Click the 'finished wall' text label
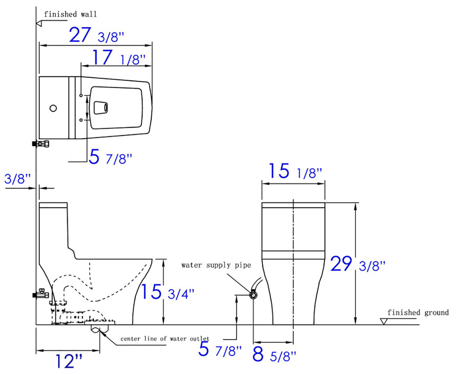click(70, 14)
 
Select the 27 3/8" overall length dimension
click(96, 36)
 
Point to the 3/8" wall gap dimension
click(17, 179)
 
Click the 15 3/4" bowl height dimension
click(167, 292)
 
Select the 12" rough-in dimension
click(69, 361)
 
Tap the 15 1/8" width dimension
click(295, 171)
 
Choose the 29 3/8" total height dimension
click(357, 264)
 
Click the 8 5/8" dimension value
click(274, 355)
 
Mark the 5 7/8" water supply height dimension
click(220, 349)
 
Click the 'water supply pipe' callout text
click(216, 265)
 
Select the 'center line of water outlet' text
click(164, 338)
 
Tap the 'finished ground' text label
click(418, 313)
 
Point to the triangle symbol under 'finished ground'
click(384, 321)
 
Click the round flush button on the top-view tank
click(53, 108)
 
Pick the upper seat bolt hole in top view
click(81, 95)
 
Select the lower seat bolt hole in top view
click(81, 120)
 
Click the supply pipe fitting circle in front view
click(253, 294)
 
